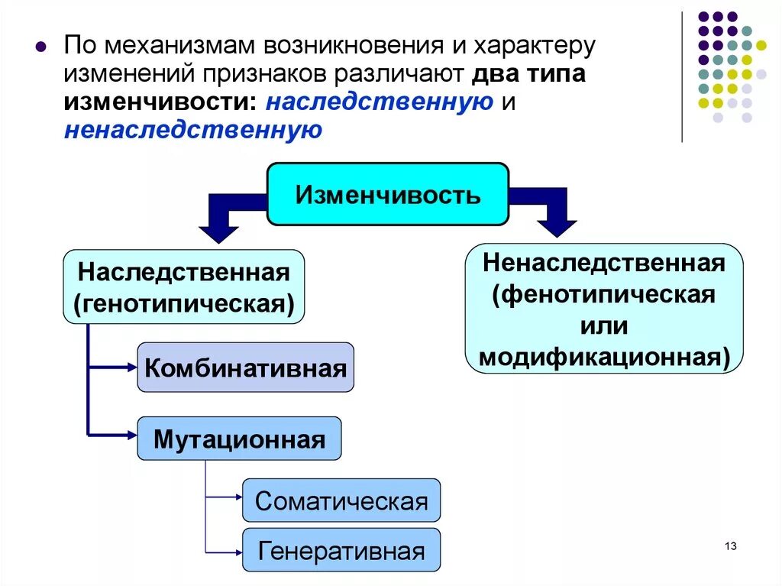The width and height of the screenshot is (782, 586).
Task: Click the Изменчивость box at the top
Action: pos(388,195)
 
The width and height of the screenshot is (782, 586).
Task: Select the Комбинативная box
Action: pos(245,368)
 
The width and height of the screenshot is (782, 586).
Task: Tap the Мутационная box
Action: pos(239,439)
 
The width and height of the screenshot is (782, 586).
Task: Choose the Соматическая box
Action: pos(341,501)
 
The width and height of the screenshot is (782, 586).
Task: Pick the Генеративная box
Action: pos(341,550)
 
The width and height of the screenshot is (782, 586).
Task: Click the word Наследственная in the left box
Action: pos(183,272)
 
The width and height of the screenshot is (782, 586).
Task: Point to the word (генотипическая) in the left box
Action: pos(183,303)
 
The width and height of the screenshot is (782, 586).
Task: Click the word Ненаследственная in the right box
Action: pos(603,264)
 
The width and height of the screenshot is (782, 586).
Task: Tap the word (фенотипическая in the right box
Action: pos(603,295)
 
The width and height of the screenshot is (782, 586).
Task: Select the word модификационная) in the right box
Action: pos(603,357)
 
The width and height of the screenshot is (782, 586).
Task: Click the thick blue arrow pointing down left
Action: pos(221,218)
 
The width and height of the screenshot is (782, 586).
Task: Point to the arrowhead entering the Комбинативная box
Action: pos(131,367)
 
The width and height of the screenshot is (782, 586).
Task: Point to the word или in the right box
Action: pos(603,326)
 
